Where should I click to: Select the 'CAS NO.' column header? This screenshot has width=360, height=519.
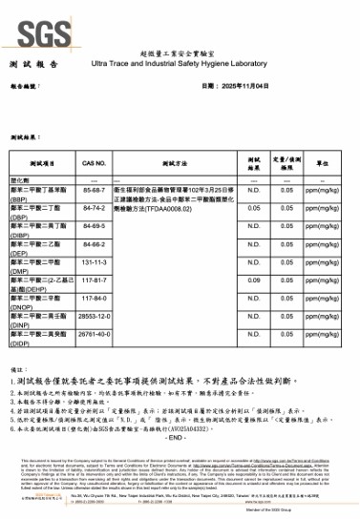[95, 164]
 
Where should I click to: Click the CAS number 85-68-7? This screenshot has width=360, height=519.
[95, 189]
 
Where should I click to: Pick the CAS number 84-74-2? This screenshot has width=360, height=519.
[95, 207]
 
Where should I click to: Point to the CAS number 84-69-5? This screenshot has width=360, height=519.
[95, 225]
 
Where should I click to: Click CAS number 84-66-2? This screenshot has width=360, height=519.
[95, 243]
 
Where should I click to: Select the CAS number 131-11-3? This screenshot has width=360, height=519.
[95, 260]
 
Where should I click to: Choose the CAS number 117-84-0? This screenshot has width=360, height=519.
[95, 297]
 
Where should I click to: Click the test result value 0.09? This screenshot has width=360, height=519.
[254, 280]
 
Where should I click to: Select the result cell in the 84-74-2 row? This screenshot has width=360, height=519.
[254, 207]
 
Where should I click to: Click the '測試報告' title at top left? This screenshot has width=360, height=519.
[28, 63]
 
